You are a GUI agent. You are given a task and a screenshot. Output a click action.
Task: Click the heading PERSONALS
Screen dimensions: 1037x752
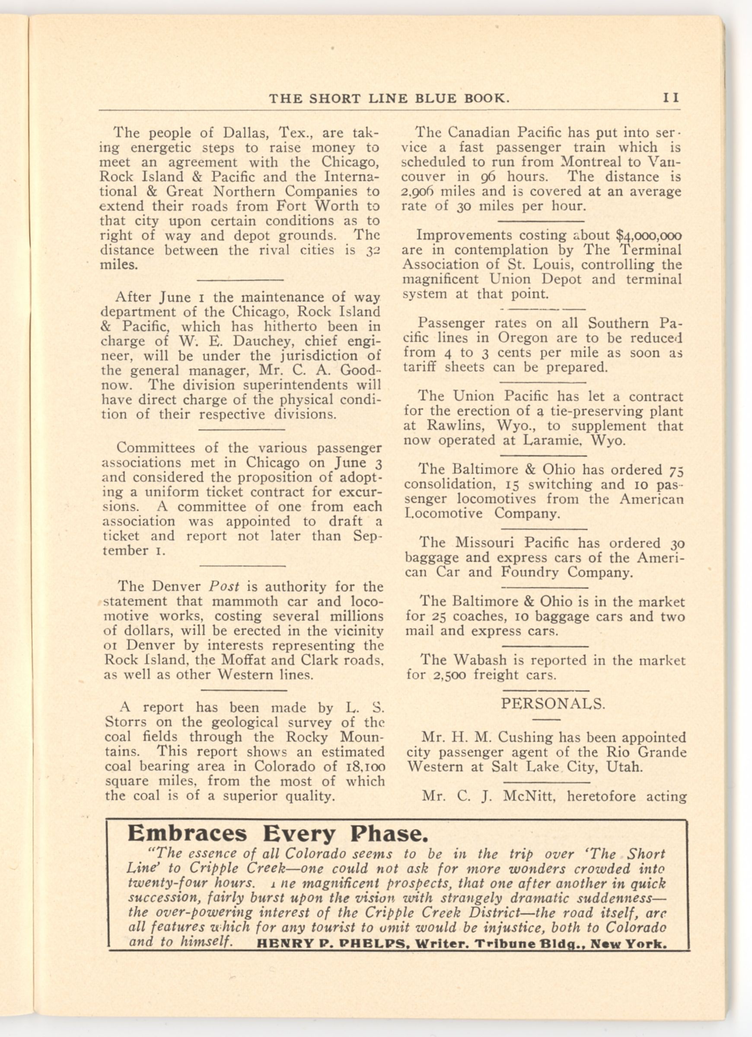[x=553, y=704]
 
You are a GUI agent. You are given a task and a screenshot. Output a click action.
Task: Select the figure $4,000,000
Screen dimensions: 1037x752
[x=649, y=235]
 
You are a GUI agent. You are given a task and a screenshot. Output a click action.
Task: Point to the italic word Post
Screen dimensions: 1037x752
[x=224, y=587]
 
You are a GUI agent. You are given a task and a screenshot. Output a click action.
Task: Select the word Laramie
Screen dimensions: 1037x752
[x=552, y=440]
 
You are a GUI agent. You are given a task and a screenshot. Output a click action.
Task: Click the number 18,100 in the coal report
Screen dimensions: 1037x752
[x=365, y=767]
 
